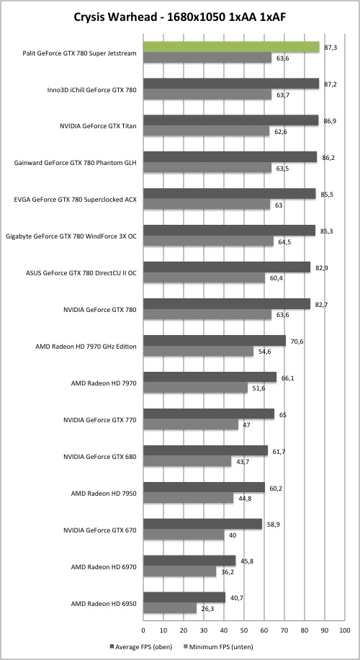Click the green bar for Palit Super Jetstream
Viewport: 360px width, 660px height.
pos(231,47)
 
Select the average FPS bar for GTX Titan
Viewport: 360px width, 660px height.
pos(231,120)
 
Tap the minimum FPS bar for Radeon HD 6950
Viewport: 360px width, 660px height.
pos(170,609)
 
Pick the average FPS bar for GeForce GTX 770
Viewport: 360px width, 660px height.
pos(209,414)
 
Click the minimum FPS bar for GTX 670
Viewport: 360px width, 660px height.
pos(184,535)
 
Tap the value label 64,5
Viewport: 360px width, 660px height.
pos(283,242)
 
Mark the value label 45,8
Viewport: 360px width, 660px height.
pos(246,561)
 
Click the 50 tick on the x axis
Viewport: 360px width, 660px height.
pos(244,630)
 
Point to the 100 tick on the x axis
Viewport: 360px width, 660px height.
pos(344,630)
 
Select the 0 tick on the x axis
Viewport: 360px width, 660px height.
pos(143,630)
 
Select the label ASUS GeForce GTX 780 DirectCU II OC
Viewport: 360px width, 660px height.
pos(81,273)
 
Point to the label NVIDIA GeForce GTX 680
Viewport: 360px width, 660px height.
pos(99,456)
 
